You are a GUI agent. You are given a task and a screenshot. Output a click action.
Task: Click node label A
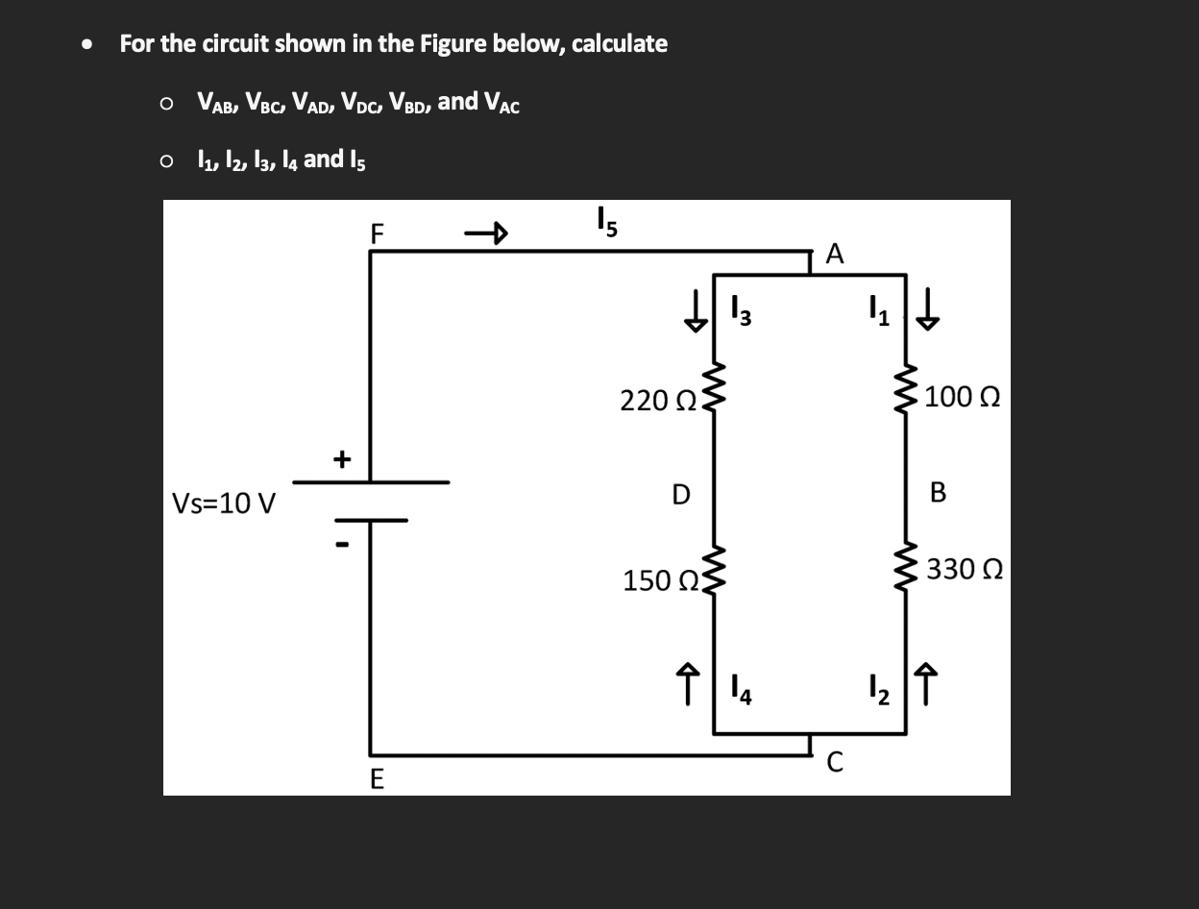click(834, 254)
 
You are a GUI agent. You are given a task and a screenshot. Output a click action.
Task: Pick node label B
click(938, 493)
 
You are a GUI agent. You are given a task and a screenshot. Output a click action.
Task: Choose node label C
click(834, 764)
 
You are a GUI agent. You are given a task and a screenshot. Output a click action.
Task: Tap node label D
click(680, 495)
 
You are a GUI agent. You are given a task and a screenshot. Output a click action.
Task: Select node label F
click(377, 233)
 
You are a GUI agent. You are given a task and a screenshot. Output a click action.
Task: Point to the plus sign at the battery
click(341, 459)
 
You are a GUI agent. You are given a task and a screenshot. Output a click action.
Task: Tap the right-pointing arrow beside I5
click(485, 233)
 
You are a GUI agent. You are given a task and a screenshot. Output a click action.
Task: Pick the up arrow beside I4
click(689, 687)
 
